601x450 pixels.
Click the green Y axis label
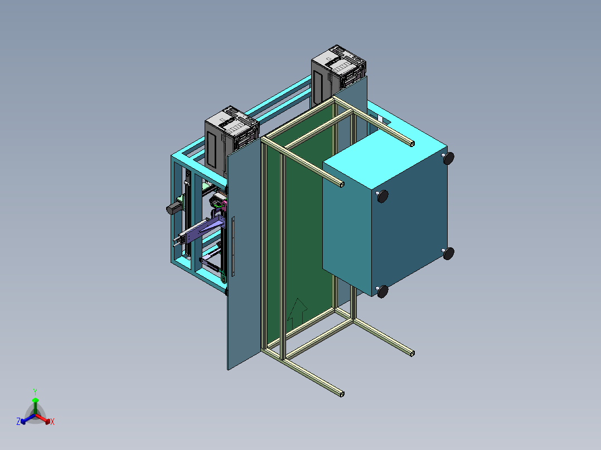[x=35, y=392]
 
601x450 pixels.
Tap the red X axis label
[x=52, y=422]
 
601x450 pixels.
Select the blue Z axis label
[x=18, y=422]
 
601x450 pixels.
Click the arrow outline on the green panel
[x=297, y=314]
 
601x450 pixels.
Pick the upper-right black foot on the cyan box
[x=448, y=158]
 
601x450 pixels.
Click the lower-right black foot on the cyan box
[x=448, y=253]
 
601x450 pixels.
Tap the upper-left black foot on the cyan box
[x=382, y=197]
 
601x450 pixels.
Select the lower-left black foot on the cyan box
[x=382, y=291]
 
